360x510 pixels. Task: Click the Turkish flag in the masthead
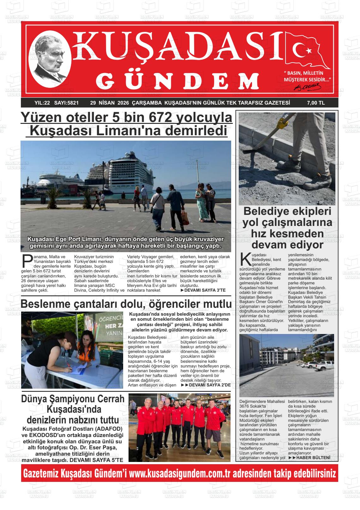(306, 50)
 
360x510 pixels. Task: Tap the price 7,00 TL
(315, 103)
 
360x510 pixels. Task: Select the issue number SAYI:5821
(66, 103)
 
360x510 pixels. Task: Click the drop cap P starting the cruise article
(27, 261)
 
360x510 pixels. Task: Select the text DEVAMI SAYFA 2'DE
(206, 385)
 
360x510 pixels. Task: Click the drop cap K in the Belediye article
(244, 259)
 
